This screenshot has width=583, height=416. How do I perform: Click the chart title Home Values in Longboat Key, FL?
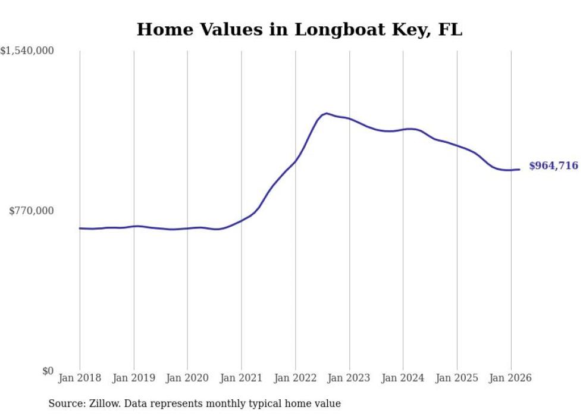pos(299,29)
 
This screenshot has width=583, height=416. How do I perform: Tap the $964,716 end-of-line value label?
pos(553,166)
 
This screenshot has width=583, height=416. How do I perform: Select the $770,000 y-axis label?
pos(32,211)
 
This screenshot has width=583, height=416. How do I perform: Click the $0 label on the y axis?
pos(48,371)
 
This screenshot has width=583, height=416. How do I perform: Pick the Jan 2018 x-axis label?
pos(80,378)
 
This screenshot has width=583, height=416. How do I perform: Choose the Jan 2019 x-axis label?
pos(133,378)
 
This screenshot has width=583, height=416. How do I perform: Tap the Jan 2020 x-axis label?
pos(187,378)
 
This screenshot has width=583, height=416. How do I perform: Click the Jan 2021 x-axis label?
pos(241,378)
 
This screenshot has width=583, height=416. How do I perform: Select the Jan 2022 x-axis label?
pos(295,378)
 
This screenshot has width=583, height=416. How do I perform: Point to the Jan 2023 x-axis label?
pos(349,378)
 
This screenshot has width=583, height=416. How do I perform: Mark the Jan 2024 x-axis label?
pos(403,378)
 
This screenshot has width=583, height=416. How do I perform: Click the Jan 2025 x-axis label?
pos(457,378)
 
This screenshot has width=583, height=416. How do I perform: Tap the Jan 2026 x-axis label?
pos(510,378)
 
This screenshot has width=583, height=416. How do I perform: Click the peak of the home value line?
pos(326,113)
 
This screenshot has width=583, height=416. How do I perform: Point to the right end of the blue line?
pos(519,170)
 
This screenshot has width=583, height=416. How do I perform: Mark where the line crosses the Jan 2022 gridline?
pos(295,161)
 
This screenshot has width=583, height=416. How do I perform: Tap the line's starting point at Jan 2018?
pos(80,228)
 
